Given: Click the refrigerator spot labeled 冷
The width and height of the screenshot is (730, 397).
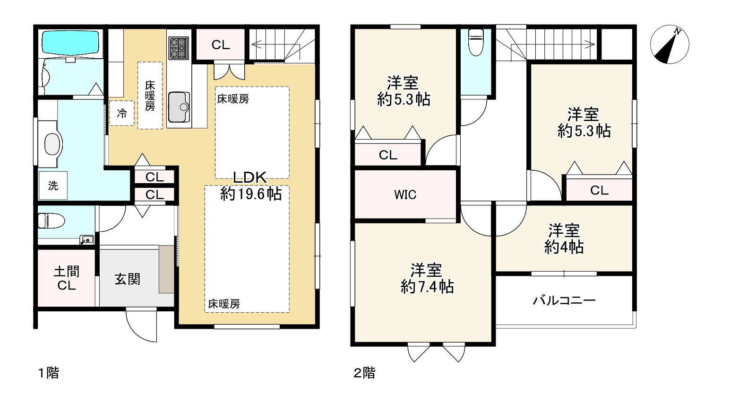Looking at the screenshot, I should (x=122, y=114).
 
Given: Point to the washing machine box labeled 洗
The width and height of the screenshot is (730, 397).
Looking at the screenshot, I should (x=53, y=186).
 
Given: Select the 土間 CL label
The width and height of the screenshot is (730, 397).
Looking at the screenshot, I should (x=66, y=279).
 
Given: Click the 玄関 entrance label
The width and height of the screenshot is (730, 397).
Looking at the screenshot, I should (x=128, y=279).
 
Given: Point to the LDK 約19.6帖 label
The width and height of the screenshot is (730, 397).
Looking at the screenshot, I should (x=251, y=185).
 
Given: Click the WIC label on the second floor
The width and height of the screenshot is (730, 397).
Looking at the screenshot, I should (x=405, y=194).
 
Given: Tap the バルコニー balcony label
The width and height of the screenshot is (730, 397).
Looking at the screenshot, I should (x=564, y=300).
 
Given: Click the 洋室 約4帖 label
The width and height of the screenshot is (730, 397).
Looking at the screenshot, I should (x=564, y=239).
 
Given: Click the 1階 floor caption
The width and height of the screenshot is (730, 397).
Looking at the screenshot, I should (x=48, y=373).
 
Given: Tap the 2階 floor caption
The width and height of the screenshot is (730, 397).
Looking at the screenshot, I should (x=364, y=373).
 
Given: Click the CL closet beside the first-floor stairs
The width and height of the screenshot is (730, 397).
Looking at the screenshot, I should (x=220, y=45).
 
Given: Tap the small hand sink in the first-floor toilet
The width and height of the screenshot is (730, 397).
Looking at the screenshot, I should (x=86, y=240).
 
